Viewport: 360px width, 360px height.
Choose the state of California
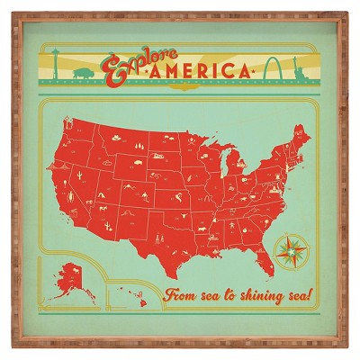[x=64, y=193]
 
